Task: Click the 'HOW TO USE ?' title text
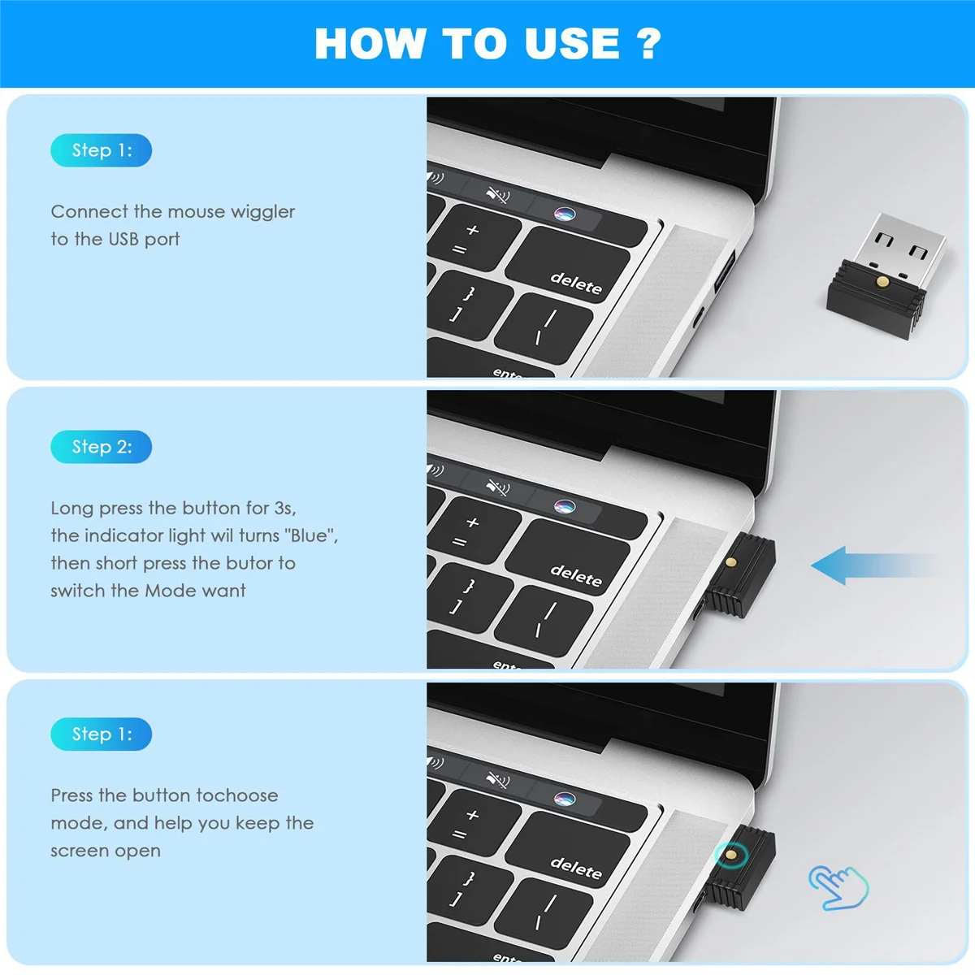[487, 43]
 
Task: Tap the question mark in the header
[649, 43]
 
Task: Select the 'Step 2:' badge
[102, 447]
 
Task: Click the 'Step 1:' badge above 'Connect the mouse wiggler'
[102, 150]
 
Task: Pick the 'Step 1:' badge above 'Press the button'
[102, 734]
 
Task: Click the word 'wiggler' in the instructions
[262, 212]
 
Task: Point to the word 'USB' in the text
[123, 240]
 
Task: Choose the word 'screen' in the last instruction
[79, 851]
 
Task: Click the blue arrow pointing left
[869, 565]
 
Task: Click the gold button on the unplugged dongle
[882, 282]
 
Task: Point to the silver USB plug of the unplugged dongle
[903, 244]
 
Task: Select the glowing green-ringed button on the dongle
[730, 854]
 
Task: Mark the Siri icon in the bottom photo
[564, 798]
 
